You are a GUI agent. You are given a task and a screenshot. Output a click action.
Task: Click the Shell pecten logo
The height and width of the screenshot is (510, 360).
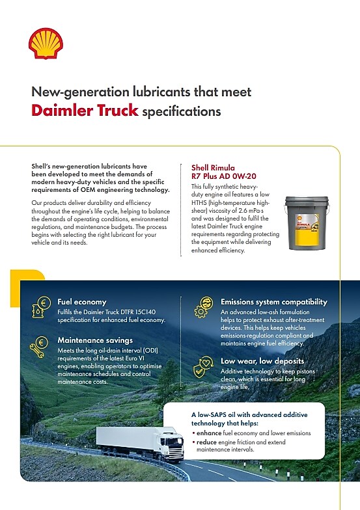(x=46, y=43)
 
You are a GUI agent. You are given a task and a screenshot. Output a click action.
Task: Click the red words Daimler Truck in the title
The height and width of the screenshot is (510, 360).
(x=85, y=110)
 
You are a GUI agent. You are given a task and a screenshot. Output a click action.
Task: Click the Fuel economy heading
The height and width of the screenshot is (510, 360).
(x=82, y=302)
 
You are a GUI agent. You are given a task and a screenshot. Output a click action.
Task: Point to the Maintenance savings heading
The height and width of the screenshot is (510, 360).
(x=94, y=340)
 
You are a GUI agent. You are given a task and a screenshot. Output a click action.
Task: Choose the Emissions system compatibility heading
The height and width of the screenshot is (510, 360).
(x=273, y=302)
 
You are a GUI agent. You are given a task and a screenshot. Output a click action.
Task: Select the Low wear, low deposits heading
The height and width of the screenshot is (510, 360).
(x=262, y=360)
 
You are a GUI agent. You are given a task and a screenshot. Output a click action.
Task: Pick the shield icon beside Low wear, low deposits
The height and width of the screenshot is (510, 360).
(x=204, y=366)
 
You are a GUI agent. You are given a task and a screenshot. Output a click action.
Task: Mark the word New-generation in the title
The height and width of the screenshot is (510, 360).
(x=78, y=92)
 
